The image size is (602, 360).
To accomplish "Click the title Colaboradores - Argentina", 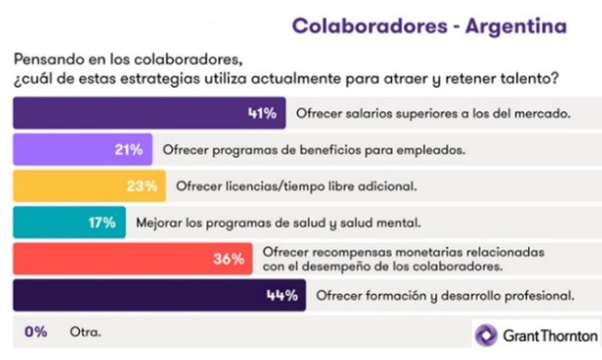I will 430,24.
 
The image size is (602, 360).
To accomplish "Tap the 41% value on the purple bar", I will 261,112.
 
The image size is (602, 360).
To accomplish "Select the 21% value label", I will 128,149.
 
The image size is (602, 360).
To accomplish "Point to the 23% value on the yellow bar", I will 142,185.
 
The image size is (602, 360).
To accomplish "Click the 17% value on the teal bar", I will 102,222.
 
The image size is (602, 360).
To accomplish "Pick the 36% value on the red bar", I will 229,258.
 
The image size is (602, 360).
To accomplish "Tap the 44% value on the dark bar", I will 282,295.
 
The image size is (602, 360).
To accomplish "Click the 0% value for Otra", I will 37,331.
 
